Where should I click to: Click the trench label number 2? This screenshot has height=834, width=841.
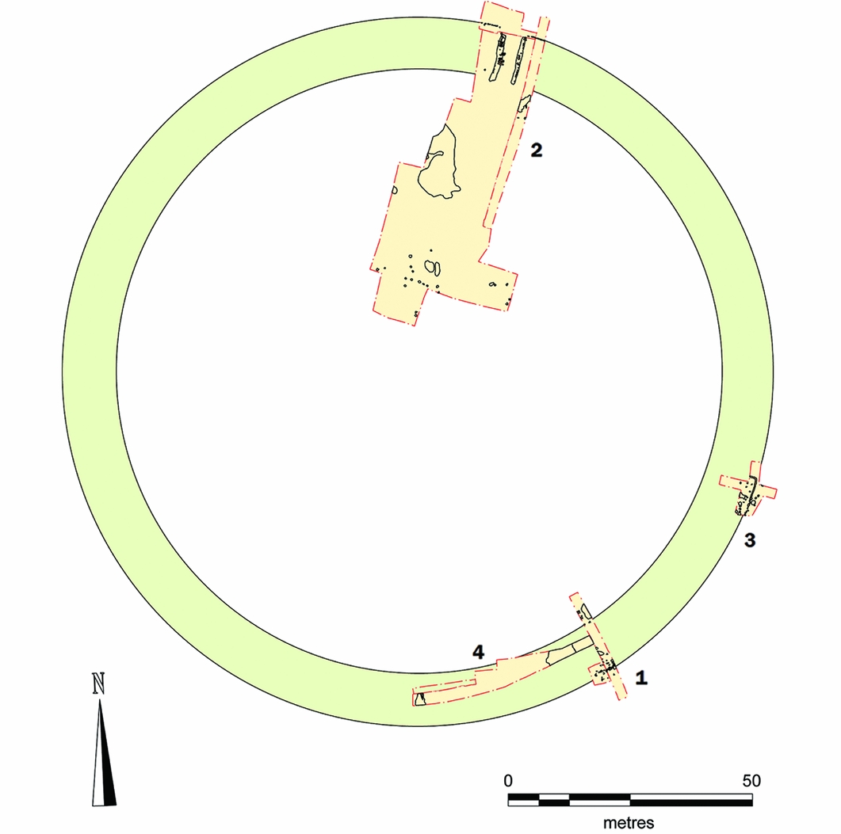coord(537,150)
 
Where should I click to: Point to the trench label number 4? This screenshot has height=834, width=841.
coord(477,652)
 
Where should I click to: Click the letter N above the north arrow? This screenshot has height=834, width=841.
coord(99,684)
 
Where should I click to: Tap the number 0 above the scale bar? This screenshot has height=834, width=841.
coord(508,780)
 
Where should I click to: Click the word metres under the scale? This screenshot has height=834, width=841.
coord(629,822)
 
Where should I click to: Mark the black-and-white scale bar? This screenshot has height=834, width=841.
coord(630,800)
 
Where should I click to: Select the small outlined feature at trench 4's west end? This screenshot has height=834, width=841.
coord(420,698)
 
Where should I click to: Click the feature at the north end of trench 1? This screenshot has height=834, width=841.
coord(585,611)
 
